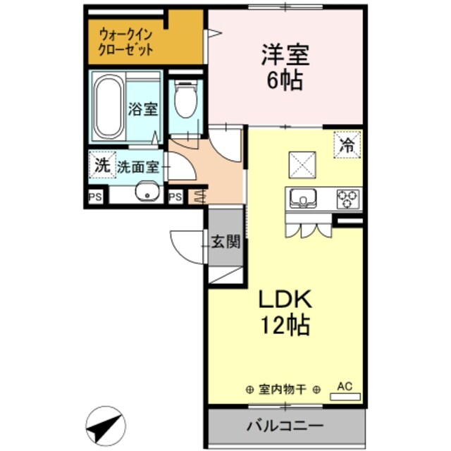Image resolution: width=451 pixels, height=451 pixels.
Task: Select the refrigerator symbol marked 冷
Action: pos(347,146)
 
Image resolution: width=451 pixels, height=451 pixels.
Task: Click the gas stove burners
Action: pos(347,199)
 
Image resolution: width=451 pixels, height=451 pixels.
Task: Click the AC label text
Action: pos(345,385)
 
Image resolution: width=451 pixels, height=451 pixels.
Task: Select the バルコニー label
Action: pos(285,426)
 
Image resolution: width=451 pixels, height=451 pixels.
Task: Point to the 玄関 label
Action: pos(226,243)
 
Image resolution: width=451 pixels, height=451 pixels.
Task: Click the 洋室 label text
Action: pos(285,55)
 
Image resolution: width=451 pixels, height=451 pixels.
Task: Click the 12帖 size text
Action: pos(285,326)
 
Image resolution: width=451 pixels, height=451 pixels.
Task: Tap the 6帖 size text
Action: pos(285,80)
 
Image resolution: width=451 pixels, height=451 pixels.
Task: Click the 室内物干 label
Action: pos(283,388)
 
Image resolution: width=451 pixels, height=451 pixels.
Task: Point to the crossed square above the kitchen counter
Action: pos(304,166)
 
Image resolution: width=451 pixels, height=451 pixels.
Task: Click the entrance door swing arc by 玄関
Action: pos(185,247)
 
